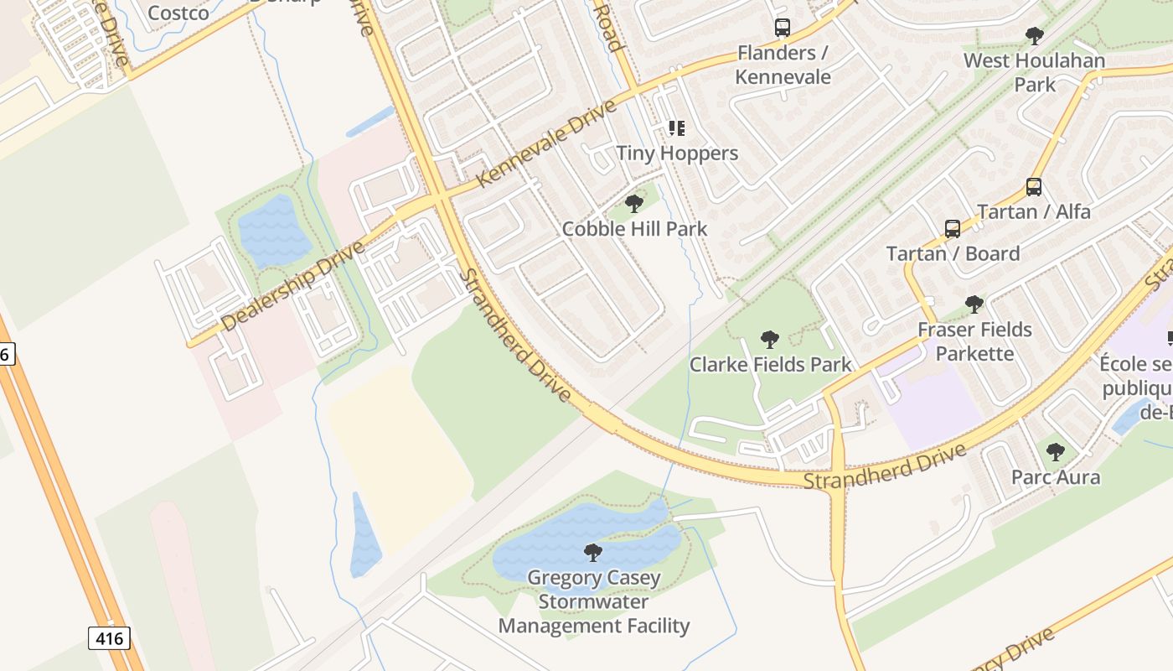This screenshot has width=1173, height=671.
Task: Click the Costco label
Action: point(178,13)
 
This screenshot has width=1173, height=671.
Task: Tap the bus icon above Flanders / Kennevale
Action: point(783,28)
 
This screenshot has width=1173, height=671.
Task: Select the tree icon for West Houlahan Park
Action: point(1034,36)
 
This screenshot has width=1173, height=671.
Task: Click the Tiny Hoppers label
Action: point(677,153)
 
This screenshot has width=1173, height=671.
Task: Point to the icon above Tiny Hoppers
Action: point(677,128)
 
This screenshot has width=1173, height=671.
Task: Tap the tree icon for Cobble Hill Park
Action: point(634,203)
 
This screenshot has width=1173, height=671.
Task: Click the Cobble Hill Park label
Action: point(634,228)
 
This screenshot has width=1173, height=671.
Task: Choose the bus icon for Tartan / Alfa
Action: point(1034,187)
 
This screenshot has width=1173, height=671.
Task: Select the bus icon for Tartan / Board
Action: point(953,229)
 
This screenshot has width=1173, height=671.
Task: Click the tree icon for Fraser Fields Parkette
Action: point(974,304)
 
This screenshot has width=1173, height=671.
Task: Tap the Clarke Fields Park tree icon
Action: point(769,340)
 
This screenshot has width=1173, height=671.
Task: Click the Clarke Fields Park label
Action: point(770,364)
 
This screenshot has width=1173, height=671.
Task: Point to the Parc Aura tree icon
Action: point(1056,453)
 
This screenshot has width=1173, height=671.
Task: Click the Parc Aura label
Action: point(1056,477)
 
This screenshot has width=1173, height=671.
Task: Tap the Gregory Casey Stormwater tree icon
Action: point(593,552)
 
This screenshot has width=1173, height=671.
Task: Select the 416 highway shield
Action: point(109,638)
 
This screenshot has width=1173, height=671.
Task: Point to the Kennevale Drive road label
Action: point(547,143)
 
